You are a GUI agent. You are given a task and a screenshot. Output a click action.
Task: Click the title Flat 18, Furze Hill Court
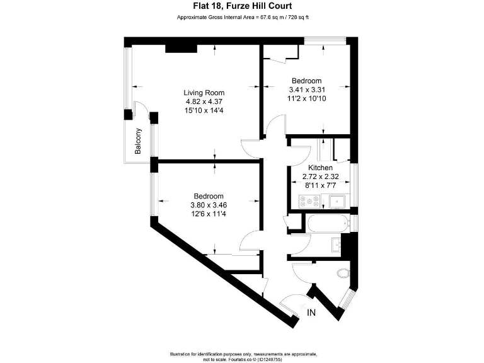coord(241,6)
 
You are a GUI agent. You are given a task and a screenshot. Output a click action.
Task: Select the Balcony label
coord(138,141)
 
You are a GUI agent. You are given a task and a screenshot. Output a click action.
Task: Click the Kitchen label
coord(320,168)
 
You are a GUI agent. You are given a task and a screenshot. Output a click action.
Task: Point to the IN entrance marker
coord(311,313)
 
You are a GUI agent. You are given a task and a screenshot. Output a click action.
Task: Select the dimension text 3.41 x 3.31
coord(307,89)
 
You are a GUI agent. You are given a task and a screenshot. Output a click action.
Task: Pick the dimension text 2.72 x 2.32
coord(320,177)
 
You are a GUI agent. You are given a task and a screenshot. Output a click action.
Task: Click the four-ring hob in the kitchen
coord(309,202)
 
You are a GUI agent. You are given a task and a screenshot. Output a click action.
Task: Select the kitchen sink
coord(336,202)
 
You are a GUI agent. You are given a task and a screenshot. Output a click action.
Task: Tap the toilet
coord(343,273)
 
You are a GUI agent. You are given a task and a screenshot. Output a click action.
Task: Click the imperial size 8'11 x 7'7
coord(320,187)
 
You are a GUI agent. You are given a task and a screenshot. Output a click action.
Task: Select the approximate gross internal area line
coord(241,17)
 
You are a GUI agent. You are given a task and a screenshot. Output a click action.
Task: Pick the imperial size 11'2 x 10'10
coord(307,99)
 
